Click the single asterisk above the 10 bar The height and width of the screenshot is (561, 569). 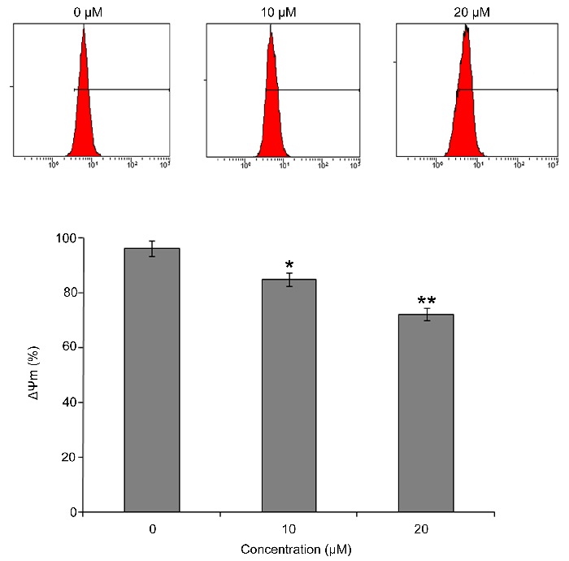click(x=289, y=266)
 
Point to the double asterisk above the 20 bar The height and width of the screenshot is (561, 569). click(x=426, y=301)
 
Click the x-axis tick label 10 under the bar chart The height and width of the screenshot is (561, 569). click(x=289, y=529)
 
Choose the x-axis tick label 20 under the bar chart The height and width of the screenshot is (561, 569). click(x=426, y=529)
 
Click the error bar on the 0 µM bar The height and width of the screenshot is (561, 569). click(x=152, y=248)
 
